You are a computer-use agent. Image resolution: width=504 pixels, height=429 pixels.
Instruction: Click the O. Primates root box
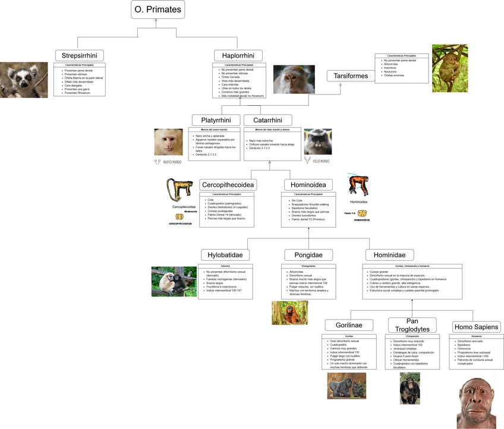click(x=157, y=10)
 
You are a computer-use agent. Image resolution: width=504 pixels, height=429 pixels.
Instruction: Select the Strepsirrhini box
click(x=79, y=55)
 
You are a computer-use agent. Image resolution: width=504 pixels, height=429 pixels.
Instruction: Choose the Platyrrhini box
click(x=216, y=119)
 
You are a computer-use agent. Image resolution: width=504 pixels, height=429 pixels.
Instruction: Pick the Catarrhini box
click(x=267, y=119)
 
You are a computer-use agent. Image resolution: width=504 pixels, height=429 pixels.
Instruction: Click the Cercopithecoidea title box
click(x=228, y=185)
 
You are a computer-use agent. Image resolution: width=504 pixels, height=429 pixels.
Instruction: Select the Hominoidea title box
click(x=308, y=185)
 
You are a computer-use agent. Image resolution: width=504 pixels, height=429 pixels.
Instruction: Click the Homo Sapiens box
click(x=477, y=327)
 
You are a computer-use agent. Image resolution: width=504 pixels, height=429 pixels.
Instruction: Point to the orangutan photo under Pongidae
click(x=289, y=313)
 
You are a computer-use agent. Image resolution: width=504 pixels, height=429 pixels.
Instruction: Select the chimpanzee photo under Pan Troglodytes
click(x=409, y=388)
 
